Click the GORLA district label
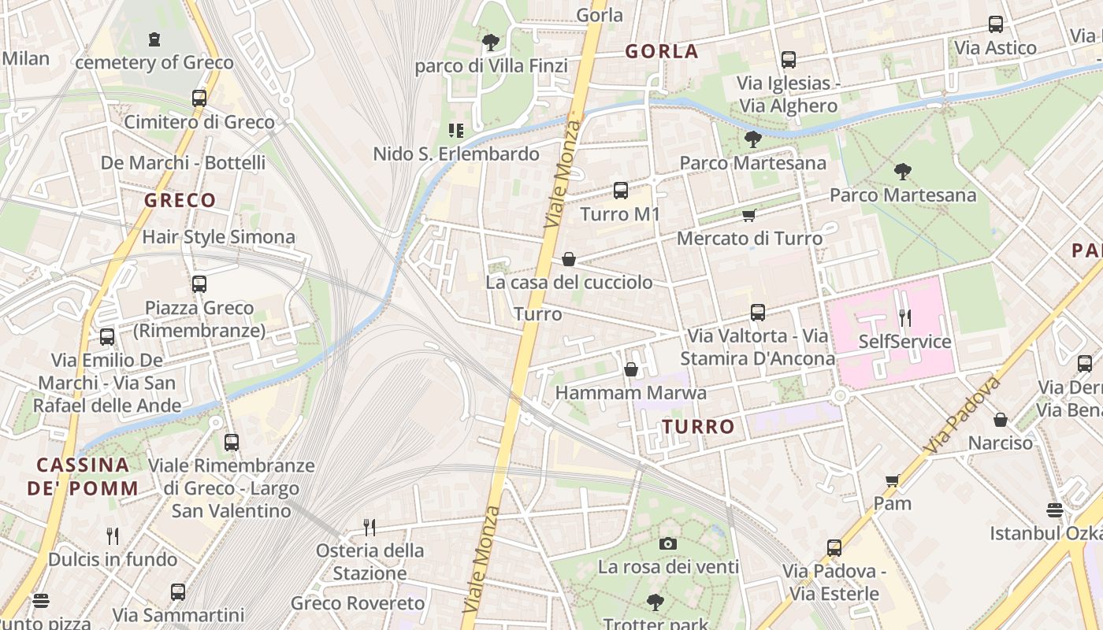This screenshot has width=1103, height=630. (662, 52)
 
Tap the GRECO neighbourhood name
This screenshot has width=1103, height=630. (180, 201)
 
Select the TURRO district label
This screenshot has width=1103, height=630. (698, 427)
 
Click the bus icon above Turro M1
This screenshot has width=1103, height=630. (621, 190)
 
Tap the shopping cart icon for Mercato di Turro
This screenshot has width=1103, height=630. (748, 215)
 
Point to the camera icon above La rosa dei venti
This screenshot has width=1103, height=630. (667, 543)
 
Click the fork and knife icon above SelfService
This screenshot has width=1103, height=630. (905, 318)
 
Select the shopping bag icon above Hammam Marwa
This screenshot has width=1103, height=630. (630, 369)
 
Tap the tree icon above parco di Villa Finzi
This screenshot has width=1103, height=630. (491, 42)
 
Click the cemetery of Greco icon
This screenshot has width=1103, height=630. (154, 39)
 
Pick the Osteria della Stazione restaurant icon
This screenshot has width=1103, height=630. (370, 526)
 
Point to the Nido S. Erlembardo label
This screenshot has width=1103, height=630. (456, 154)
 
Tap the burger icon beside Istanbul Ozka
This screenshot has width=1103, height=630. (1055, 510)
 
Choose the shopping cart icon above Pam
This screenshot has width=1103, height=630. (892, 480)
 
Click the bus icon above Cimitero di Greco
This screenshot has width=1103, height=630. (199, 98)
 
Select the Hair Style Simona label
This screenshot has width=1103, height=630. (218, 237)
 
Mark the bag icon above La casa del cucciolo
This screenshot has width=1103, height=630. (569, 258)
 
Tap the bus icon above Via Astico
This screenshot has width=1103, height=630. (996, 24)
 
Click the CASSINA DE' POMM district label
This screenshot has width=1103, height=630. (83, 476)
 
